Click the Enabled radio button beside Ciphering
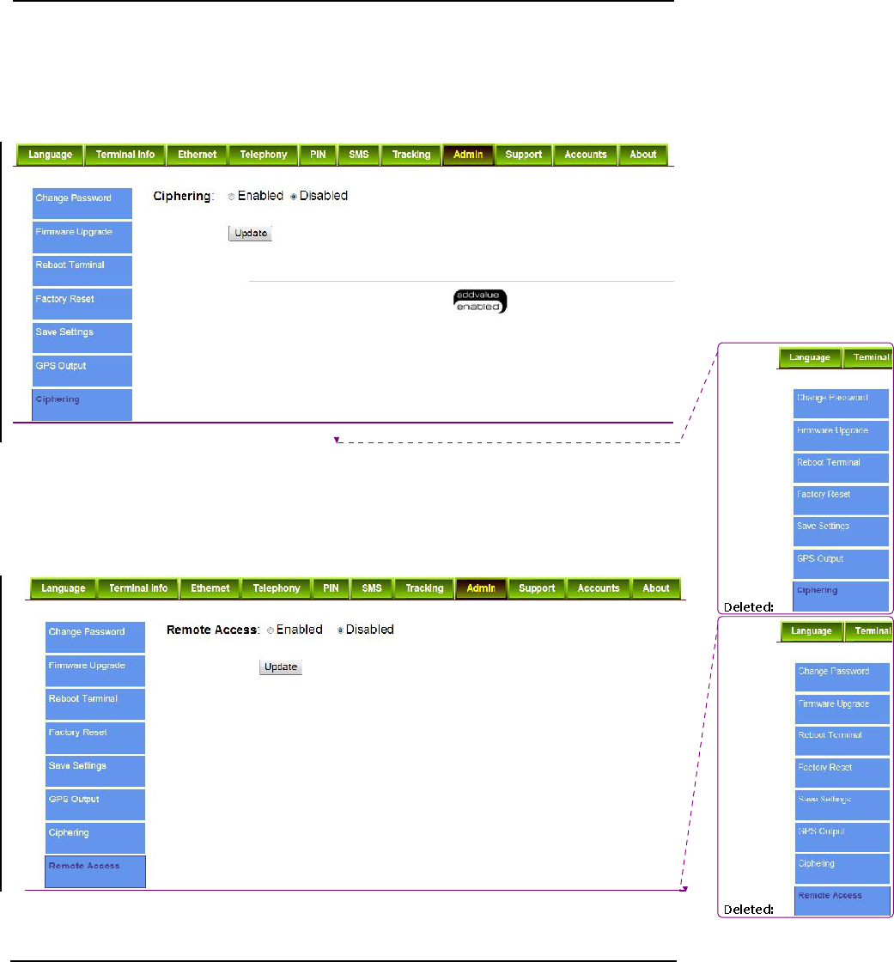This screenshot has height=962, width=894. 232,197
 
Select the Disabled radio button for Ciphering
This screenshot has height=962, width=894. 294,197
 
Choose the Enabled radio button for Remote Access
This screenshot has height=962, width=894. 271,630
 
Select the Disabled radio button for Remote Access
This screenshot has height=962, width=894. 340,630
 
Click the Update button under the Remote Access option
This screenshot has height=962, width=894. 281,667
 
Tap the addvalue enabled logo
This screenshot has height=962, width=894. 480,301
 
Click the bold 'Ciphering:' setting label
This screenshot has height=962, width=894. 182,197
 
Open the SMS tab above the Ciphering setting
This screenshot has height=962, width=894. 359,155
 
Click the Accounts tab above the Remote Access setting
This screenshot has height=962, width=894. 599,588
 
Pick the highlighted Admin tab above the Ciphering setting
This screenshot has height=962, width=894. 469,155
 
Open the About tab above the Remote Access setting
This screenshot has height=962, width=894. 656,588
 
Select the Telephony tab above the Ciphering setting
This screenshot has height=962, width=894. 264,155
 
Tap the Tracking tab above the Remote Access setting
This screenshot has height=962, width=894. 424,588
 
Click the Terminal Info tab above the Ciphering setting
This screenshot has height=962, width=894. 125,155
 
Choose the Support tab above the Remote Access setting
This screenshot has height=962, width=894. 537,588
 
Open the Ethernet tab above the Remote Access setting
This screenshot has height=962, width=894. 210,588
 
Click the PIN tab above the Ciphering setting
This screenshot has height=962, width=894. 317,155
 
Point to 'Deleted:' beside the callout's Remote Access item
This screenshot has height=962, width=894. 749,909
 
